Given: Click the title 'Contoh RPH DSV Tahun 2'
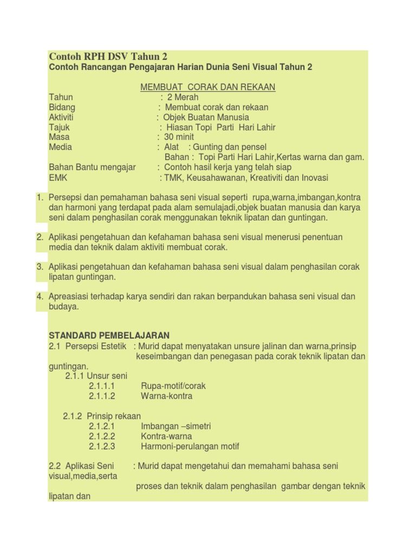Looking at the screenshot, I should click(108, 56).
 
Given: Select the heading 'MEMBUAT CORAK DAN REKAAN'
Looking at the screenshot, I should click(208, 87).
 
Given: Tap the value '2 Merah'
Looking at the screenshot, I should click(183, 97).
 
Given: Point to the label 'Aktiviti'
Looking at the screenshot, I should click(61, 117).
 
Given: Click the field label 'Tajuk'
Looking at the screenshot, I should click(59, 128).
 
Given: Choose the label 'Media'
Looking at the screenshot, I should click(60, 147).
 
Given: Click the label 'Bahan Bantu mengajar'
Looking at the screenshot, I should click(92, 167).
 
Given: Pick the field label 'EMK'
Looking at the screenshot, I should click(58, 177).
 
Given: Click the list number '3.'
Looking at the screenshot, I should click(40, 267).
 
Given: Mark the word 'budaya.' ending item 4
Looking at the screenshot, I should click(64, 307).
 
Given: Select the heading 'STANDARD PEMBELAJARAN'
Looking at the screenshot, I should click(109, 335).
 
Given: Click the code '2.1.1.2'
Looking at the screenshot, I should click(102, 396).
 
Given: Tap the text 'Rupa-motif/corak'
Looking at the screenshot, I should click(173, 386).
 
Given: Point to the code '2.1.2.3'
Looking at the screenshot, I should click(102, 446).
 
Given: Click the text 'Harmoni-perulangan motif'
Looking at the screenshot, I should click(190, 446).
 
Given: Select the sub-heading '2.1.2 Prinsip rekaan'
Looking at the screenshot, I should click(102, 416).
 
